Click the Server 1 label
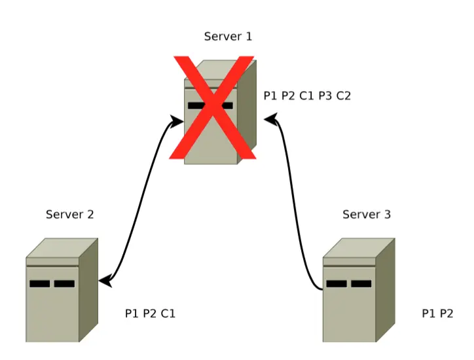tap(228, 37)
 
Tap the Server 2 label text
tap(70, 214)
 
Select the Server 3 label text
tap(367, 214)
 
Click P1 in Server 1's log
tap(270, 96)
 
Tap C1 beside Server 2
tap(168, 314)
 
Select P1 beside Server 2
tap(132, 314)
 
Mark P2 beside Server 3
tap(447, 314)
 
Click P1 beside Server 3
tap(429, 314)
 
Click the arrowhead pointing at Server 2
tap(103, 281)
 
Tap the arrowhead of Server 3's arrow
tap(270, 120)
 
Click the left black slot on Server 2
tap(39, 283)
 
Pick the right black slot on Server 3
tap(361, 283)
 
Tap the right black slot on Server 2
tap(64, 283)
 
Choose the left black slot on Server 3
tap(337, 283)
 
